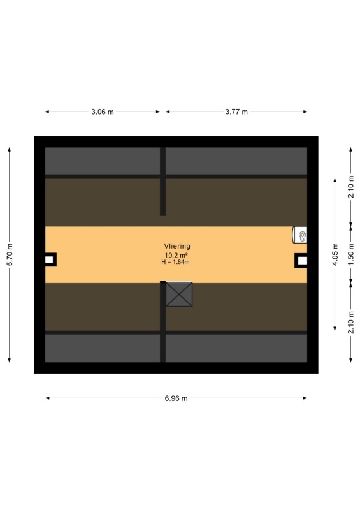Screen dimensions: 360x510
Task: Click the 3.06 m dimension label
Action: pos(103,112)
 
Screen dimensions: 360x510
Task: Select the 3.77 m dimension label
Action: pos(236,112)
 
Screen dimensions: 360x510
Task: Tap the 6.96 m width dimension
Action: pos(176,398)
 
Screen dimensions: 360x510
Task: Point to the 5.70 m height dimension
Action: pos(10,254)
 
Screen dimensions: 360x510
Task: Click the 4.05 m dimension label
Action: pos(335,254)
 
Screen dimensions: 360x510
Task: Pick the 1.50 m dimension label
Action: pos(351,254)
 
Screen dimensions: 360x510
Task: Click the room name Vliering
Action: pos(177,246)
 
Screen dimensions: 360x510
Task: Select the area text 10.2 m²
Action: pos(176,256)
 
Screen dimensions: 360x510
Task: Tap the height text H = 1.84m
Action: pos(176,262)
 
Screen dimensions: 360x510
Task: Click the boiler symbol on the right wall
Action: pos(300,235)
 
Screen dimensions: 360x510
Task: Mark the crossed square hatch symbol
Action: pos(179,295)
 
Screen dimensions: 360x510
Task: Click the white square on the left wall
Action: pos(49,259)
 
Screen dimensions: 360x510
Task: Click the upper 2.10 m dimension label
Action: pos(351,186)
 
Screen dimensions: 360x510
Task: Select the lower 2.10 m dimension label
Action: pos(351,322)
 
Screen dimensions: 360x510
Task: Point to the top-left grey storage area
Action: pos(103,161)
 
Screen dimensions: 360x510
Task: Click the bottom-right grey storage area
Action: pos(236,348)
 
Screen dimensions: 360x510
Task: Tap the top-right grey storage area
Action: pos(236,161)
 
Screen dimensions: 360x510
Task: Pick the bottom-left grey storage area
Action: pos(103,348)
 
